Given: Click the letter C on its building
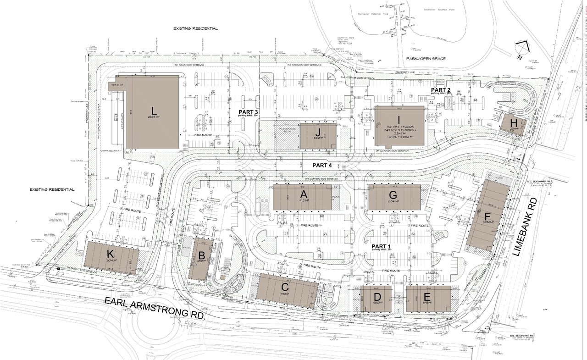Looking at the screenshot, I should [x=285, y=287].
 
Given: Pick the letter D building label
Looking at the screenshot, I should [x=377, y=296].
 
